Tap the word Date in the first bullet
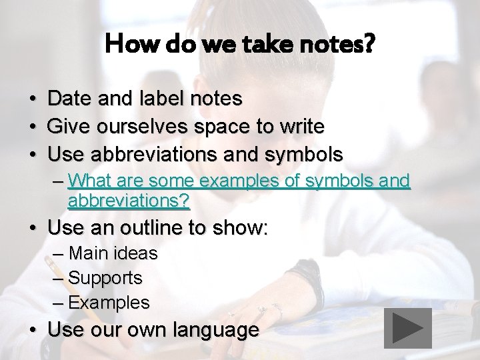[x=70, y=99]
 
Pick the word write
[x=303, y=127]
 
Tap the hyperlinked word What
[x=89, y=181]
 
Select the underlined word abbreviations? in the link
[x=128, y=200]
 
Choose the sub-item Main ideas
[x=113, y=253]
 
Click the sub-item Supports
[x=105, y=278]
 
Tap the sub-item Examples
[x=109, y=303]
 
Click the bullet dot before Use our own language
[x=33, y=331]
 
